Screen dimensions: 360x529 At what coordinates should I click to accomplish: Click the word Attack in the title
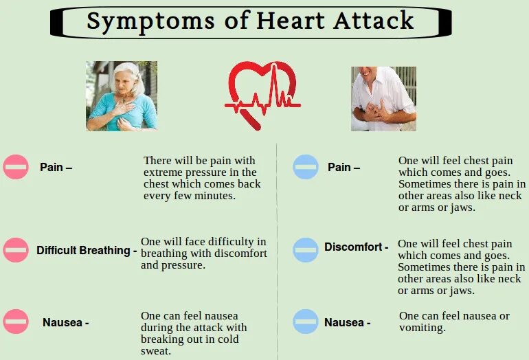click(x=374, y=21)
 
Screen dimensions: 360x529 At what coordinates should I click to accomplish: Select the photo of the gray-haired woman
click(x=122, y=96)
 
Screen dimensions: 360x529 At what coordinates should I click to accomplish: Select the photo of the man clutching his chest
click(x=383, y=98)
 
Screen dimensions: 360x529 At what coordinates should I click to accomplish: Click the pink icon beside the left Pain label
click(x=16, y=167)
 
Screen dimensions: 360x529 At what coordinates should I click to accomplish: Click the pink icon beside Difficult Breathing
click(x=16, y=250)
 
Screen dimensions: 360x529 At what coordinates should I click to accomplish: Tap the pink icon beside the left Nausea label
click(x=16, y=322)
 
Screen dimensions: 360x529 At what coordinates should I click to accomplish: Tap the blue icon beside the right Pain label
click(x=306, y=167)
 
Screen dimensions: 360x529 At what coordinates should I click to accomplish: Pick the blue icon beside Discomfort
click(x=306, y=249)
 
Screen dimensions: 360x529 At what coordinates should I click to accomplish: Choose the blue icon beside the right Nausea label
click(x=306, y=322)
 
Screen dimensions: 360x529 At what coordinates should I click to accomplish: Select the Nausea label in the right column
click(x=345, y=322)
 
